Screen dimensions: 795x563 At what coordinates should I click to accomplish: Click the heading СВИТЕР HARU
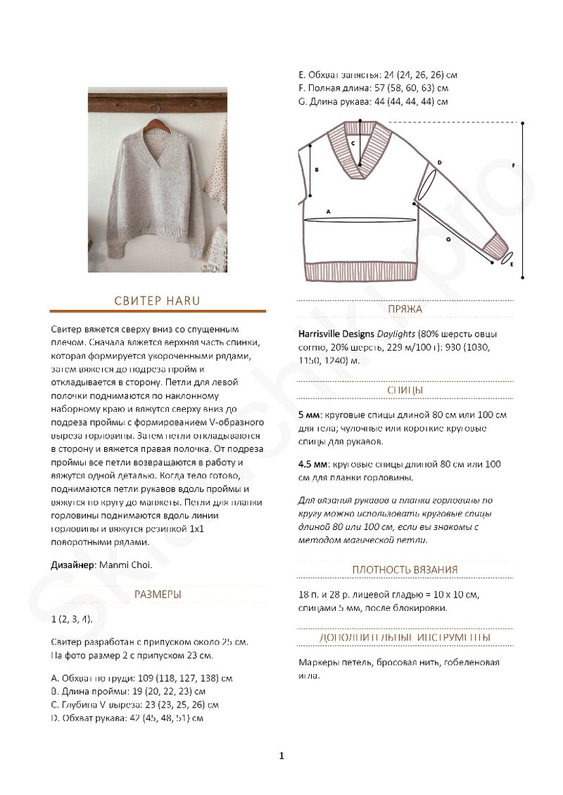pos(158,300)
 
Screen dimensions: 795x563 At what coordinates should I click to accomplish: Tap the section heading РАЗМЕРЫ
pos(158,594)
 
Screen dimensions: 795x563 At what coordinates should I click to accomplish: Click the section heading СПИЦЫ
pos(405,390)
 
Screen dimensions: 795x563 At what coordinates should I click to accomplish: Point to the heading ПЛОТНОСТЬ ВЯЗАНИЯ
pos(405,569)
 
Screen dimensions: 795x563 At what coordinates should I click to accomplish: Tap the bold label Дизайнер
pos(74,564)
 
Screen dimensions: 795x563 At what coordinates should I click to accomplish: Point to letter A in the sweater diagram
pos(328,211)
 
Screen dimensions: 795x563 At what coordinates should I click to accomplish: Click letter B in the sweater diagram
pos(317,169)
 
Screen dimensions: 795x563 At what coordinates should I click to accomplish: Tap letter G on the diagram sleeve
pos(448,239)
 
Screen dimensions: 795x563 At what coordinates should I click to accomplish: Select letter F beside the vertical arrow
pos(514,165)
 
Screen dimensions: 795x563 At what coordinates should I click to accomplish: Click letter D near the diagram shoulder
pos(439,163)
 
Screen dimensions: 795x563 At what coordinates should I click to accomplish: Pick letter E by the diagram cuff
pos(512,264)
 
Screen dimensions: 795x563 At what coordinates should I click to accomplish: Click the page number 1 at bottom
pos(281,756)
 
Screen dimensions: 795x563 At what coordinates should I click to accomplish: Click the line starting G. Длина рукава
pos(373,101)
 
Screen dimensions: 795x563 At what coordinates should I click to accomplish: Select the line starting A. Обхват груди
pos(142,678)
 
